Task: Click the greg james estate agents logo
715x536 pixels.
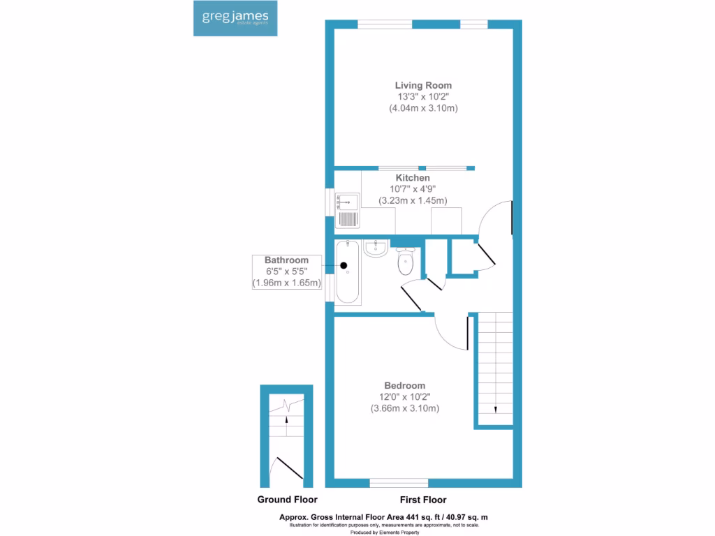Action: (x=235, y=19)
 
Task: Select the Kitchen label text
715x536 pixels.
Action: (x=413, y=178)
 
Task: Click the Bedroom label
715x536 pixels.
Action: (x=405, y=385)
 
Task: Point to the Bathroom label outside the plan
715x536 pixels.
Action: (x=286, y=260)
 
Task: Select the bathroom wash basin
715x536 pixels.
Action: (x=376, y=248)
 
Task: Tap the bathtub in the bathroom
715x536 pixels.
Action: (x=348, y=272)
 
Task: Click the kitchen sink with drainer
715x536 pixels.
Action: (x=347, y=210)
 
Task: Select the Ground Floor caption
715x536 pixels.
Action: (x=287, y=500)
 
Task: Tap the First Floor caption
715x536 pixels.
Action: (x=423, y=500)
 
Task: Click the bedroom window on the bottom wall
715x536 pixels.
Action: (x=399, y=482)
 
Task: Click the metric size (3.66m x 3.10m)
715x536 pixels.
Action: (x=405, y=408)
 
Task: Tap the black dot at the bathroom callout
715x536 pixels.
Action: (x=344, y=265)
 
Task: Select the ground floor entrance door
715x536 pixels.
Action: (x=289, y=468)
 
